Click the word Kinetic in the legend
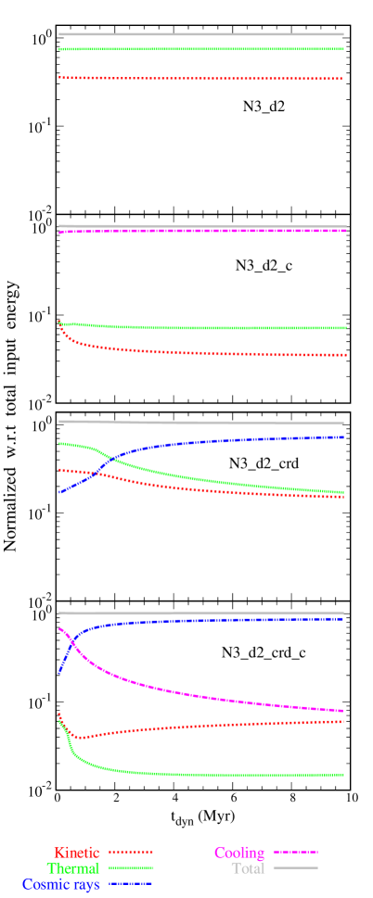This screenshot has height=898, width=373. tap(77, 852)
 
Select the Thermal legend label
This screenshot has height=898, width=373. tap(73, 868)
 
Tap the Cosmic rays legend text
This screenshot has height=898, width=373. tap(61, 884)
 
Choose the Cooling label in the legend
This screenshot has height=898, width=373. tap(239, 853)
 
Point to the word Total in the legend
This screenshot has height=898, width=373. tap(248, 868)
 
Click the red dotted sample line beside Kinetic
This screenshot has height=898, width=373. tap(131, 852)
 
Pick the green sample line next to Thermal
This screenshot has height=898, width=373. tap(131, 868)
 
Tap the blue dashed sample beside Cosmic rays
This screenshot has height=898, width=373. tap(131, 884)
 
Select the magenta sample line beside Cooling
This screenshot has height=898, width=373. tap(295, 852)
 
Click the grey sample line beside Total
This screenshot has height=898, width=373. tap(295, 868)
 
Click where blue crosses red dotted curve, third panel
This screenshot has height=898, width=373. tap(91, 475)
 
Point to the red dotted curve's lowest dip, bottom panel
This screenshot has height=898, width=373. tap(81, 738)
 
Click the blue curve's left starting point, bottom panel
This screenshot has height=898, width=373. tap(59, 673)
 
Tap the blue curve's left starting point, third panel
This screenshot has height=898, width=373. tap(59, 492)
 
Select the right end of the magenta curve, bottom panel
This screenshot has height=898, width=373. tap(343, 711)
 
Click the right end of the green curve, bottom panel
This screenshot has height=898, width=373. tap(343, 774)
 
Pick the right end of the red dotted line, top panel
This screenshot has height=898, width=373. tap(343, 79)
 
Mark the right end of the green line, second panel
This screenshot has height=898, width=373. tap(345, 328)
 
